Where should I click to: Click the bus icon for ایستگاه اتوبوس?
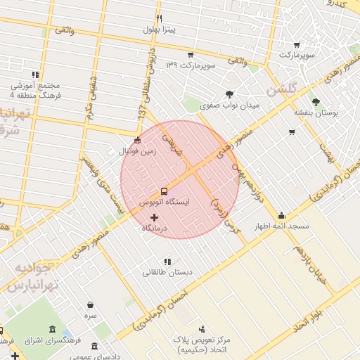(x=164, y=191)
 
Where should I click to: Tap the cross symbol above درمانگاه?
(x=155, y=217)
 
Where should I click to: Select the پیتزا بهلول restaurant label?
(x=160, y=30)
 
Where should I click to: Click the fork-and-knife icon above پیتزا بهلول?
(x=160, y=18)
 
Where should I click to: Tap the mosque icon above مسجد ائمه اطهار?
(x=281, y=215)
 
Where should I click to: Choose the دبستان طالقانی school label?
(x=167, y=272)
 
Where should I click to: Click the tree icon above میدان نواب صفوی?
(x=229, y=94)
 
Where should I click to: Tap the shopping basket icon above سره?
(x=91, y=304)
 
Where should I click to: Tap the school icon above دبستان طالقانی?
(x=167, y=262)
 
